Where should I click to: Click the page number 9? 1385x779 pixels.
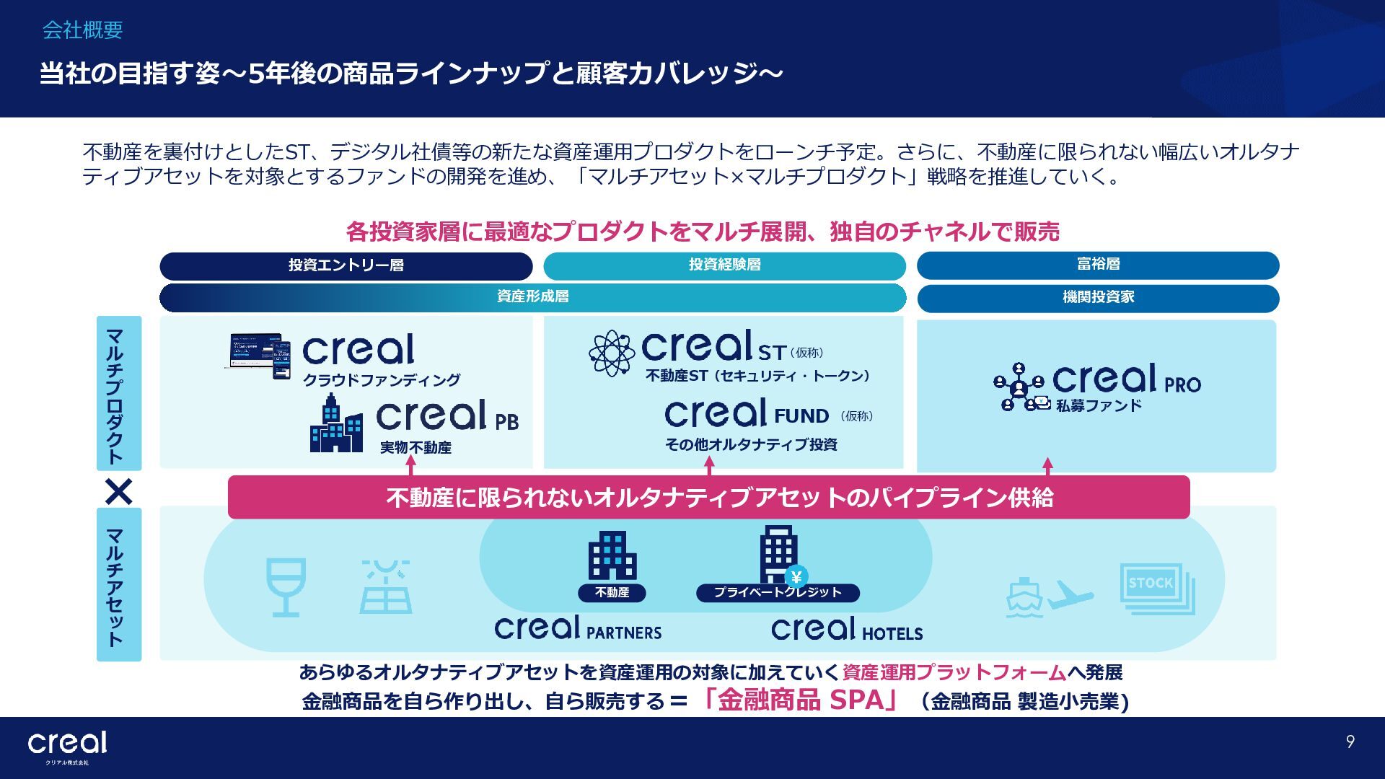click(x=1350, y=741)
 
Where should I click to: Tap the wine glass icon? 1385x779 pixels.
click(x=286, y=586)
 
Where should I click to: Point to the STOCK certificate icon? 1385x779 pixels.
click(x=1156, y=588)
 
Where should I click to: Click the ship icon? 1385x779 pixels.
click(x=1023, y=598)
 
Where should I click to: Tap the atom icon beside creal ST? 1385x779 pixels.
click(x=612, y=353)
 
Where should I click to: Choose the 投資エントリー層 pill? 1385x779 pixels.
click(x=346, y=265)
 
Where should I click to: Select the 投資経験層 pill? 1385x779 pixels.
click(x=724, y=265)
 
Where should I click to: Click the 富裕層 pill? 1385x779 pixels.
click(x=1097, y=265)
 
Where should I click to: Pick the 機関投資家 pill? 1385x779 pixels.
click(x=1097, y=297)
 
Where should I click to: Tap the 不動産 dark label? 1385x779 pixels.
click(x=612, y=593)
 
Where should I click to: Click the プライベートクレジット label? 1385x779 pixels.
click(x=778, y=593)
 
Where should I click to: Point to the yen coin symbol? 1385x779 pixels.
click(x=796, y=577)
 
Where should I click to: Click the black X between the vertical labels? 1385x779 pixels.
click(x=119, y=492)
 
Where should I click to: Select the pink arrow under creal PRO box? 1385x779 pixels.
click(x=1047, y=466)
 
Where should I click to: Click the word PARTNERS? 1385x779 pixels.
click(x=623, y=633)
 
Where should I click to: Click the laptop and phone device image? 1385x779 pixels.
click(x=260, y=355)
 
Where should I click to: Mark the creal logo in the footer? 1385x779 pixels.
click(x=67, y=744)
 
